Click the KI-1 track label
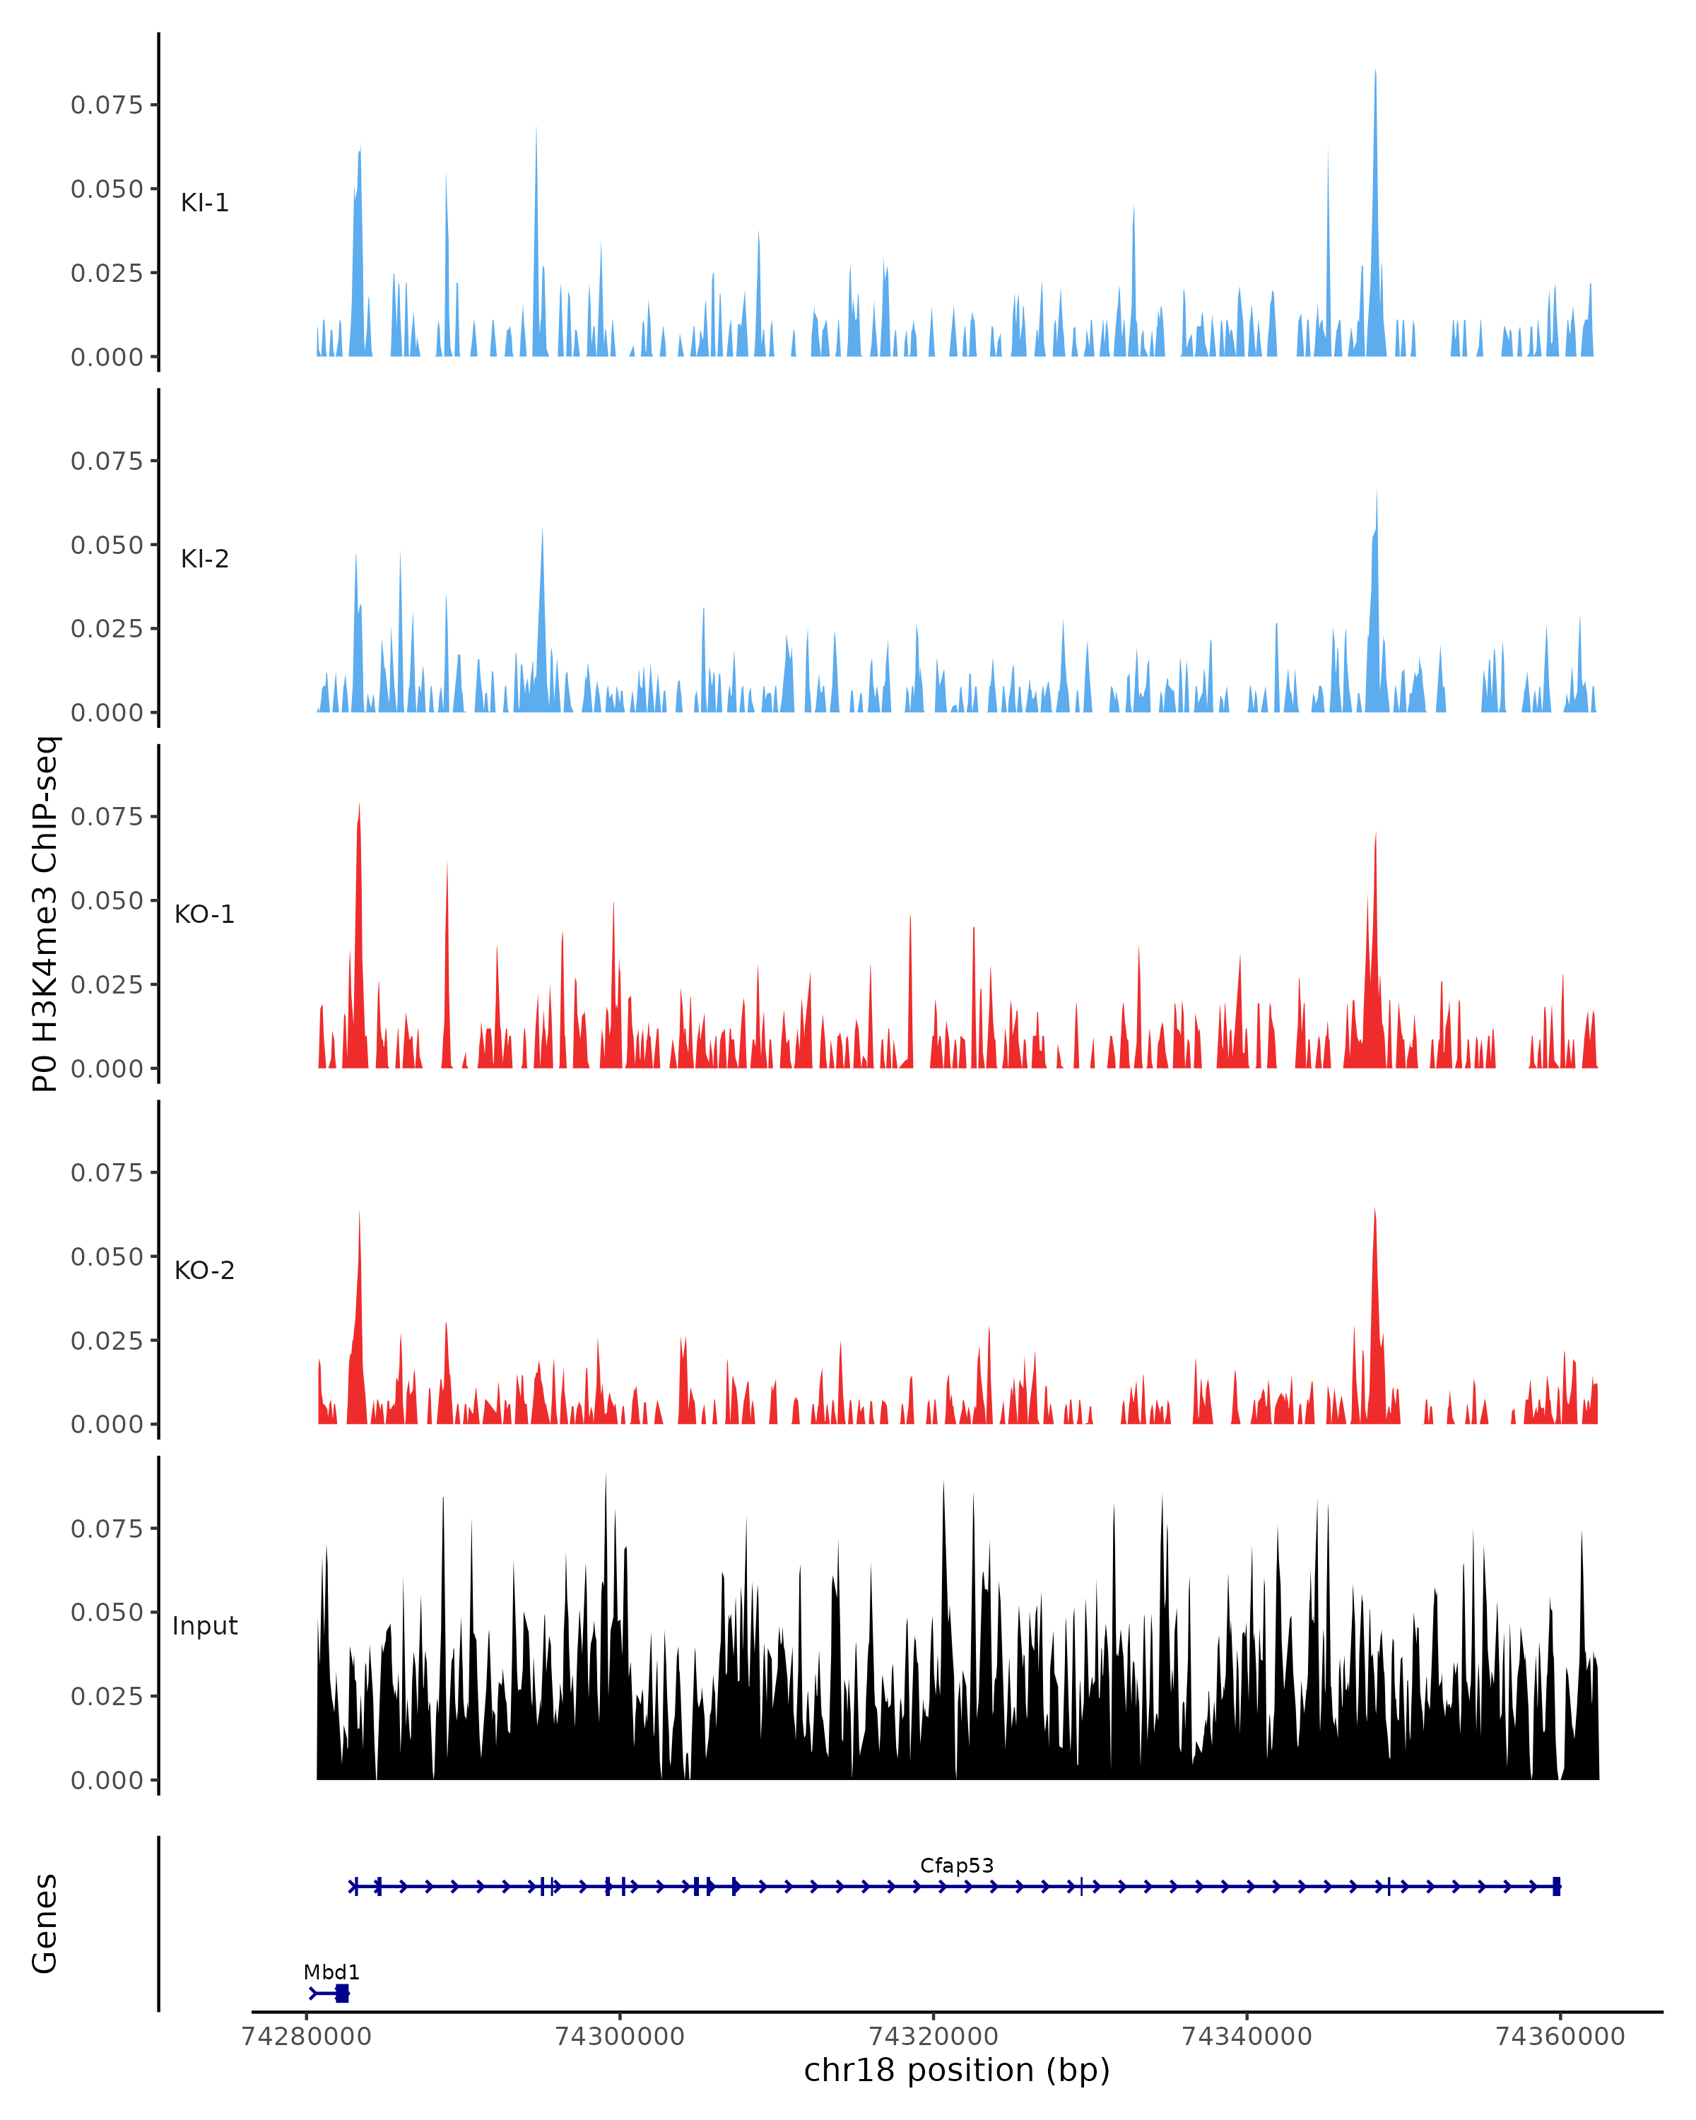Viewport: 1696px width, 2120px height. (204, 203)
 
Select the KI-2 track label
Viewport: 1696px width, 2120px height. (204, 558)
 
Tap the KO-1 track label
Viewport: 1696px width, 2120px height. (204, 914)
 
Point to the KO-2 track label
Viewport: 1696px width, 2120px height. (204, 1271)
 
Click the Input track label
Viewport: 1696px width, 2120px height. (204, 1626)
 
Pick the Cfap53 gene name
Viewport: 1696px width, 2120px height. (957, 1866)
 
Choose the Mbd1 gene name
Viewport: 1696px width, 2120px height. (331, 1972)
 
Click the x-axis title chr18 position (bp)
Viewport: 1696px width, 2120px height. (957, 2071)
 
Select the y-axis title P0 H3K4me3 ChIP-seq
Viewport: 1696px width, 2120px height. (45, 914)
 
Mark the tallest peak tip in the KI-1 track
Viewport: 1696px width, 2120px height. (1375, 71)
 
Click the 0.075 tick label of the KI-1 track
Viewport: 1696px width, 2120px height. (106, 105)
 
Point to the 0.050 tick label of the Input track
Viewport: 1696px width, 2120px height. (106, 1613)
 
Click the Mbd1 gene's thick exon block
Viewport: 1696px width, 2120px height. (342, 1994)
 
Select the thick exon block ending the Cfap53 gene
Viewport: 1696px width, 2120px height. (1556, 1886)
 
